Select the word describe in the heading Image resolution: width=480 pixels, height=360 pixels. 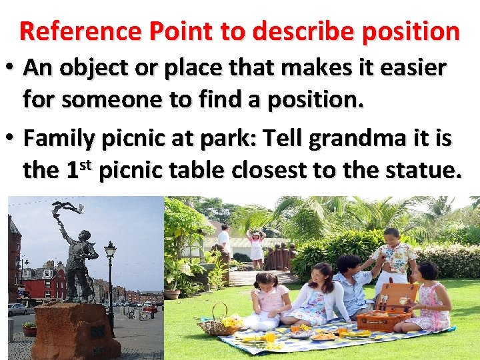pyautogui.click(x=318, y=31)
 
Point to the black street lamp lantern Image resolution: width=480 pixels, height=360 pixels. pyautogui.click(x=110, y=251)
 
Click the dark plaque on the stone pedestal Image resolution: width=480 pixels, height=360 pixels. pyautogui.click(x=97, y=331)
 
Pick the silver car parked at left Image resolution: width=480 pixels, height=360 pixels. pyautogui.click(x=17, y=309)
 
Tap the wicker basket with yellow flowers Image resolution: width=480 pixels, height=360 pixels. pyautogui.click(x=217, y=324)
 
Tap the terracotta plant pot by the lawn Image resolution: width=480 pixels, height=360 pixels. pyautogui.click(x=172, y=293)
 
